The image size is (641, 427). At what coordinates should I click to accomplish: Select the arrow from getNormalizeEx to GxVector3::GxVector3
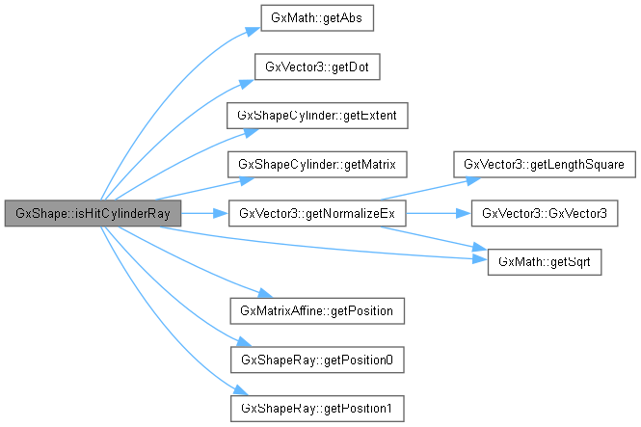click(x=438, y=213)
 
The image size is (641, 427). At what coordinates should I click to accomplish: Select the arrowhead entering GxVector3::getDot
click(x=248, y=73)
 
